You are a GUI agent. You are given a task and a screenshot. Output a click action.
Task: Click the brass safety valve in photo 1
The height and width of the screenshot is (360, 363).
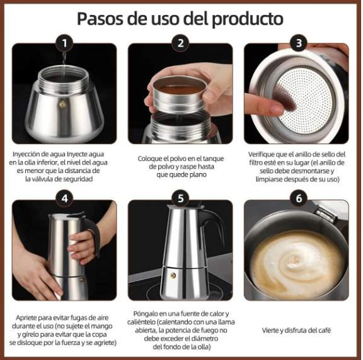[x=61, y=101]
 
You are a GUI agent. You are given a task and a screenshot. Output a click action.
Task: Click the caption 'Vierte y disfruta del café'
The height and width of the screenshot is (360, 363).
[x=296, y=330]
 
